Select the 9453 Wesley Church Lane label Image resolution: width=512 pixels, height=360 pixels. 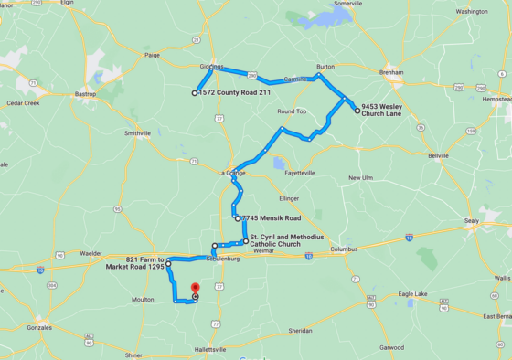click(381, 110)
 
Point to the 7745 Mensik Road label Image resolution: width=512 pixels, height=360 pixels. click(272, 218)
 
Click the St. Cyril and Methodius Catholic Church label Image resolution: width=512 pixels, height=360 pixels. click(286, 240)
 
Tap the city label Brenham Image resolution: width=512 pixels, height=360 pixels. click(391, 71)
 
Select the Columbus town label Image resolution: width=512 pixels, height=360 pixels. click(343, 249)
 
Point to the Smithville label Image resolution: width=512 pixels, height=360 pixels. click(137, 132)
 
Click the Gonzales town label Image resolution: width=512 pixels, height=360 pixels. click(38, 326)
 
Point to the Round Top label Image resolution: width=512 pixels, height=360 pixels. click(292, 111)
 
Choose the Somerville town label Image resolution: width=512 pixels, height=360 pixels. click(347, 4)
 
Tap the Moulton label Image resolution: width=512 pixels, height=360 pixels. click(143, 299)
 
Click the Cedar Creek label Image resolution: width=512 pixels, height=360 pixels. click(23, 103)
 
